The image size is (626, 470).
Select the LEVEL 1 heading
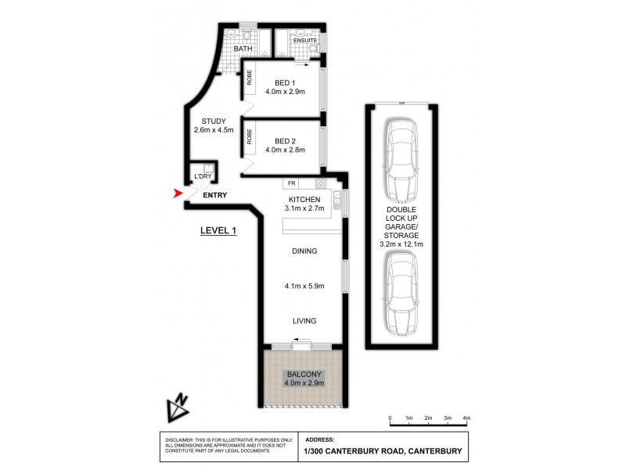click(218, 230)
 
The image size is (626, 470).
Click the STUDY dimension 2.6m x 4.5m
click(214, 130)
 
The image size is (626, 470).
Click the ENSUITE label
click(305, 39)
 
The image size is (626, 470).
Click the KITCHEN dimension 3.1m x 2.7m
click(304, 209)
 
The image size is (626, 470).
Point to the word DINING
click(304, 251)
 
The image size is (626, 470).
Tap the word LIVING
click(304, 320)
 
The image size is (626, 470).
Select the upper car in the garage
click(401, 160)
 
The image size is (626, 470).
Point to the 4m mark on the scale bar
click(466, 418)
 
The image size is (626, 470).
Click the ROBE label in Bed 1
click(250, 78)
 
